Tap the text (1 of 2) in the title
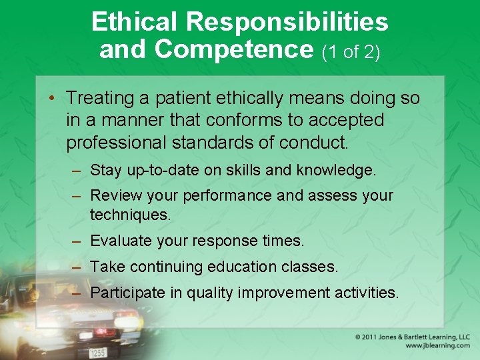tap(351, 51)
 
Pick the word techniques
tap(130, 215)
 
